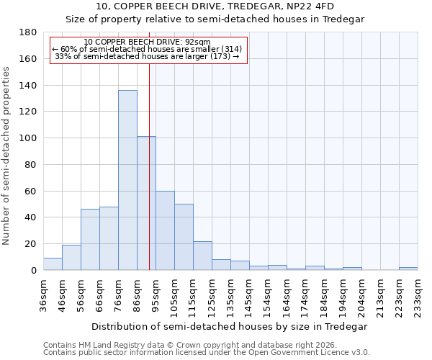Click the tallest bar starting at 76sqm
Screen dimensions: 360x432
coord(127,180)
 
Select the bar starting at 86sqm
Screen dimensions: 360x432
coord(146,203)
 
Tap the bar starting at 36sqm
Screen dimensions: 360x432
coord(53,264)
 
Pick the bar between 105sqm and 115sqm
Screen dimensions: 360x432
coord(184,237)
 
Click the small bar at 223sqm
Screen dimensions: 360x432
coord(408,269)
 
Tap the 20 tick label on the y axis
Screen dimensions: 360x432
coord(32,244)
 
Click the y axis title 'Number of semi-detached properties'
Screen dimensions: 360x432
coord(7,155)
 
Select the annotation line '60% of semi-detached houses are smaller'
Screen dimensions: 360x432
coord(148,49)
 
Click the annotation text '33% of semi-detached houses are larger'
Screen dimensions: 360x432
coord(148,56)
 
